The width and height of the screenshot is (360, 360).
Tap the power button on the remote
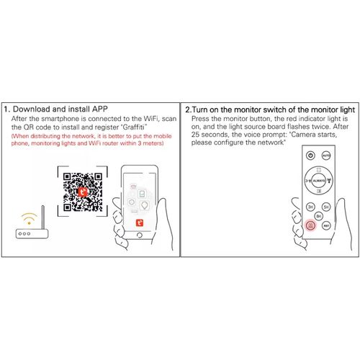coord(310,156)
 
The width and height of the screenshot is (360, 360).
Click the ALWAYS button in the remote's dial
coord(319,181)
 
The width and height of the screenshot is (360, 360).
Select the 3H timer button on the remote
coord(310,207)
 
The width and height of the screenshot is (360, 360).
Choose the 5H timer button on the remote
coord(326,207)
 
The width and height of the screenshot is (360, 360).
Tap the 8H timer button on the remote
coord(318,216)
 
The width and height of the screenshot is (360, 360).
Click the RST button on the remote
coord(326,225)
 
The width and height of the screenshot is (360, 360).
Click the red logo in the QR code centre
coord(83,192)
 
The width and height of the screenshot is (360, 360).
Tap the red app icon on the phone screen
coord(140,222)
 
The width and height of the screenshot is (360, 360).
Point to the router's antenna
coord(43,217)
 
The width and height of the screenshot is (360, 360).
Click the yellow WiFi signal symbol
coord(29,218)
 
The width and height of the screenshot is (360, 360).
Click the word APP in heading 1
coord(100,109)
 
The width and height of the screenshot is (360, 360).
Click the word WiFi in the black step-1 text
coord(151,119)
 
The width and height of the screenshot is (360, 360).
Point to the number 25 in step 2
coord(195,135)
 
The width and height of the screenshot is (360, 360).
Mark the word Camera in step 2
coord(302,135)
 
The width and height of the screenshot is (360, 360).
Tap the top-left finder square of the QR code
coord(67,177)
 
